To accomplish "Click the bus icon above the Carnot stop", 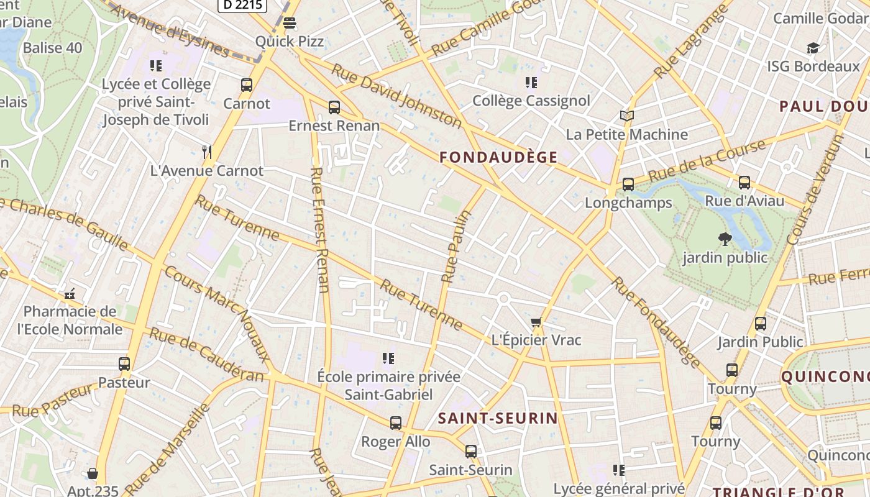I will [247, 85].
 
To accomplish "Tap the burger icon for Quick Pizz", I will [289, 24].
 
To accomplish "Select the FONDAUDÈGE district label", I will [498, 157].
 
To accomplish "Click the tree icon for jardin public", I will [725, 239].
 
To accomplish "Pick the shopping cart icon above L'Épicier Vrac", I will [536, 322].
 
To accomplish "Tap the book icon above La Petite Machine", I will [627, 116].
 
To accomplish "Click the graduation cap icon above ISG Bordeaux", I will [812, 48].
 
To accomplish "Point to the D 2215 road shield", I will [242, 6].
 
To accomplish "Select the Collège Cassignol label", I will [531, 101].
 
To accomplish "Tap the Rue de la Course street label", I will [707, 161].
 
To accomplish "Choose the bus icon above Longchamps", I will [628, 185].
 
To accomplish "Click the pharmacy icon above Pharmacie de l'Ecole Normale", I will [70, 293].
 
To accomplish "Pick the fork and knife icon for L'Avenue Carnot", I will [207, 152].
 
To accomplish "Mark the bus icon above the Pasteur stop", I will [124, 364].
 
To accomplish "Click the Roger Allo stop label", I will [396, 442].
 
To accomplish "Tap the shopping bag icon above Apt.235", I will [93, 474].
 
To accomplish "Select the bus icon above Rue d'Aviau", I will [744, 183].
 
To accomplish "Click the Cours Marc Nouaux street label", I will [217, 314].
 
